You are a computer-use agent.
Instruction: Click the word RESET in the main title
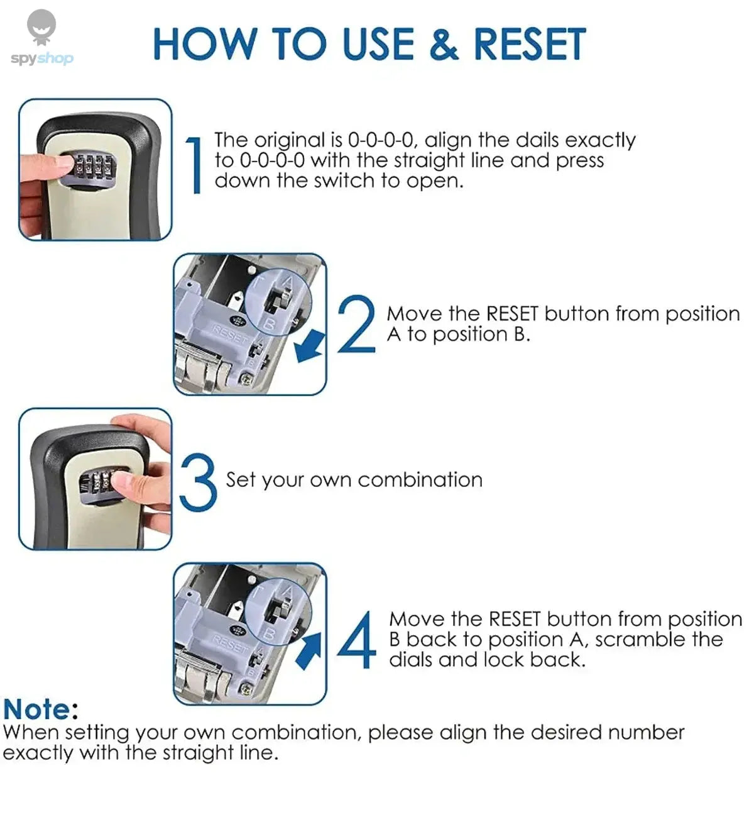[x=529, y=45]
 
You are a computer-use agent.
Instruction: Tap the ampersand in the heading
[x=444, y=45]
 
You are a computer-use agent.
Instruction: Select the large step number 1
[x=195, y=166]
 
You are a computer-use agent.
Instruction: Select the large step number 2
[x=356, y=325]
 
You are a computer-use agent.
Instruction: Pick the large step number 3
[x=198, y=482]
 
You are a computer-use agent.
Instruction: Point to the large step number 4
[x=356, y=640]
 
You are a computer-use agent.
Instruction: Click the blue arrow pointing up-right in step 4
[x=309, y=650]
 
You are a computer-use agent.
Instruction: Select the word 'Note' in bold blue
[x=37, y=710]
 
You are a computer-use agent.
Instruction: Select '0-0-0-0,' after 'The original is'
[x=383, y=140]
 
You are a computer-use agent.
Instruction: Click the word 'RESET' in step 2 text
[x=512, y=314]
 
